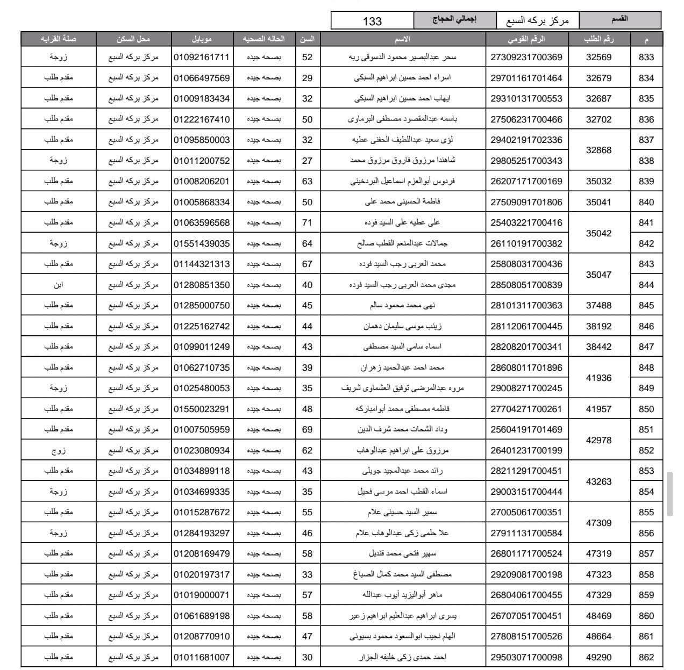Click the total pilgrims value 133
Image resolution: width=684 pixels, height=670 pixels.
click(x=372, y=21)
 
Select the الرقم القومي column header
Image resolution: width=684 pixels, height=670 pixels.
click(x=526, y=39)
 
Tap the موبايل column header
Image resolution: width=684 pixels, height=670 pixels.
click(x=202, y=39)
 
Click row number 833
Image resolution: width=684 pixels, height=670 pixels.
click(x=646, y=57)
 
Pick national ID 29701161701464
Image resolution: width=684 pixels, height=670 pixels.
click(x=526, y=78)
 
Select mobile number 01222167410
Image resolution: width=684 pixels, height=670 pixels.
click(x=202, y=119)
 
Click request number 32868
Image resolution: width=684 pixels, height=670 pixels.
click(x=598, y=150)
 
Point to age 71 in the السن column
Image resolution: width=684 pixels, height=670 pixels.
click(x=307, y=222)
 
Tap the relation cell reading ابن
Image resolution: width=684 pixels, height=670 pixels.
click(x=58, y=285)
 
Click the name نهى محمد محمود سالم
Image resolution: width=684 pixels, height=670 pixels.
click(x=403, y=305)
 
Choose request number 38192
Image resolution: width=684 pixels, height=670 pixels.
click(x=598, y=326)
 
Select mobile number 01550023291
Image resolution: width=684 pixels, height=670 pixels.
click(x=202, y=409)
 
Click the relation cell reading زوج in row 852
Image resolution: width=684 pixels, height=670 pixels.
click(x=58, y=450)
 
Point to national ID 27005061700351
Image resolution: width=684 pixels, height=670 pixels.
click(x=526, y=512)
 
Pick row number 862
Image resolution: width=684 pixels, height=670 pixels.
click(x=646, y=657)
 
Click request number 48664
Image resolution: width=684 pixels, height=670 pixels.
click(x=598, y=636)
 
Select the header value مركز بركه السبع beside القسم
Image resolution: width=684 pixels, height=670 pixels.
click(x=537, y=21)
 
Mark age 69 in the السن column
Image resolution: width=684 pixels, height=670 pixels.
click(x=307, y=429)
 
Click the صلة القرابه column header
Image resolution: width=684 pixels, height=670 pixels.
click(x=58, y=39)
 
